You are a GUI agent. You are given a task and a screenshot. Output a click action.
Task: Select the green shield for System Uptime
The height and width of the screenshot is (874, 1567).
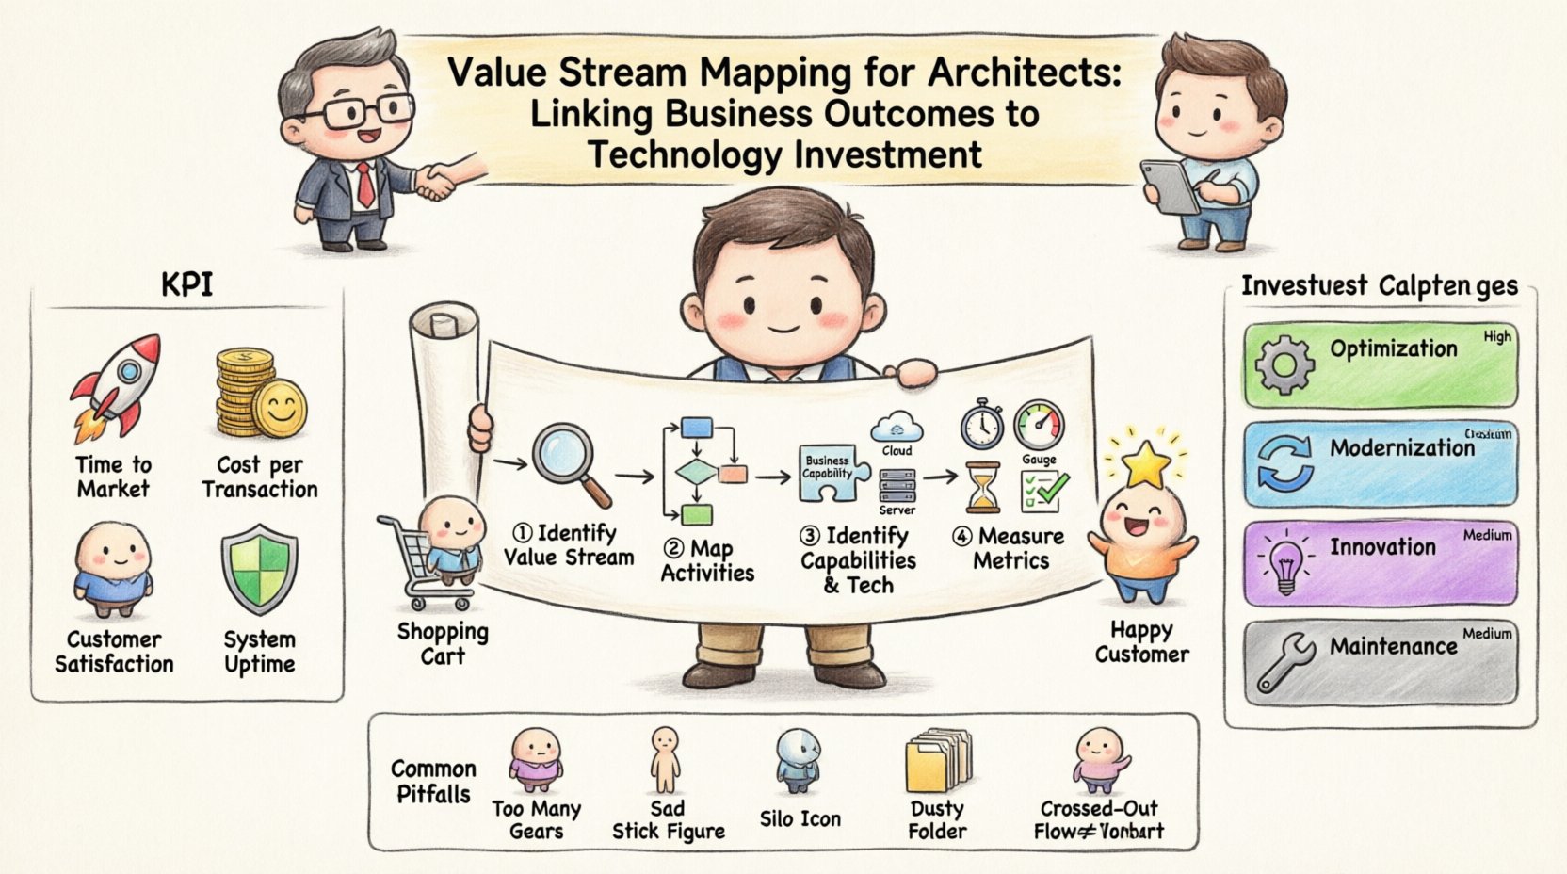click(259, 571)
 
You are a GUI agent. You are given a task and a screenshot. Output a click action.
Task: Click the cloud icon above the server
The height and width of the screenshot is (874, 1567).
click(897, 428)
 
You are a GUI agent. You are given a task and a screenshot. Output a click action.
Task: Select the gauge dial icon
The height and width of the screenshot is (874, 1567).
click(1039, 426)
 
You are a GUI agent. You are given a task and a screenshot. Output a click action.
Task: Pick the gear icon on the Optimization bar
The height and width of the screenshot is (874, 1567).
click(1284, 364)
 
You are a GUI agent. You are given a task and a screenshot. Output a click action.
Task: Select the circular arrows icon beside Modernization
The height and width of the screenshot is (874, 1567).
click(1284, 462)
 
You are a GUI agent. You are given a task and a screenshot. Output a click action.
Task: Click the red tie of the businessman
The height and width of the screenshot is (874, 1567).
click(363, 184)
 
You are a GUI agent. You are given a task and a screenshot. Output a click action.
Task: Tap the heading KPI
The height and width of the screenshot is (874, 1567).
click(186, 284)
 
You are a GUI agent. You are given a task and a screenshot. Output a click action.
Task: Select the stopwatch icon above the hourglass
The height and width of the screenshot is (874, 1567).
click(981, 425)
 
